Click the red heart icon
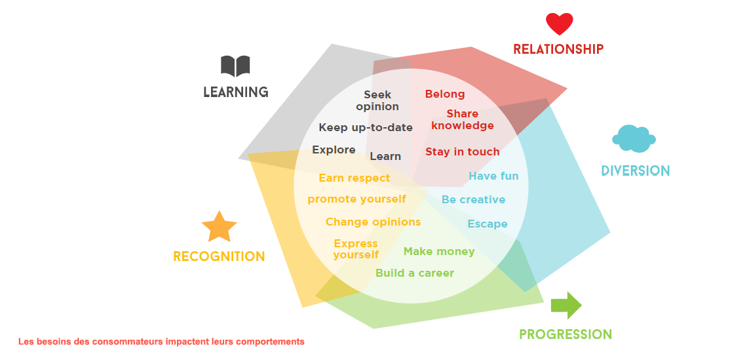(x=559, y=24)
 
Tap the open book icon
(x=235, y=66)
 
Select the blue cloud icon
(x=634, y=138)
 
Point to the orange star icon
(x=220, y=227)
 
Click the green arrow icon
(x=566, y=306)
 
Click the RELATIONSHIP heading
(x=558, y=49)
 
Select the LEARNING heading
(x=236, y=92)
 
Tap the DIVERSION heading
(x=636, y=171)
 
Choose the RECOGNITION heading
(x=219, y=256)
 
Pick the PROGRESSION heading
(x=566, y=334)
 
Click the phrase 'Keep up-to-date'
(x=366, y=127)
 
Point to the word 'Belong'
(x=445, y=94)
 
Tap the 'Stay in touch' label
(x=462, y=151)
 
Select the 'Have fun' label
(x=493, y=176)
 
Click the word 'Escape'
(x=488, y=224)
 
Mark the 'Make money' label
(x=439, y=252)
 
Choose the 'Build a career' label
(x=415, y=273)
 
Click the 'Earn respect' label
(x=355, y=178)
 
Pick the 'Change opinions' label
(x=373, y=222)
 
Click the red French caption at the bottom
(x=161, y=342)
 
